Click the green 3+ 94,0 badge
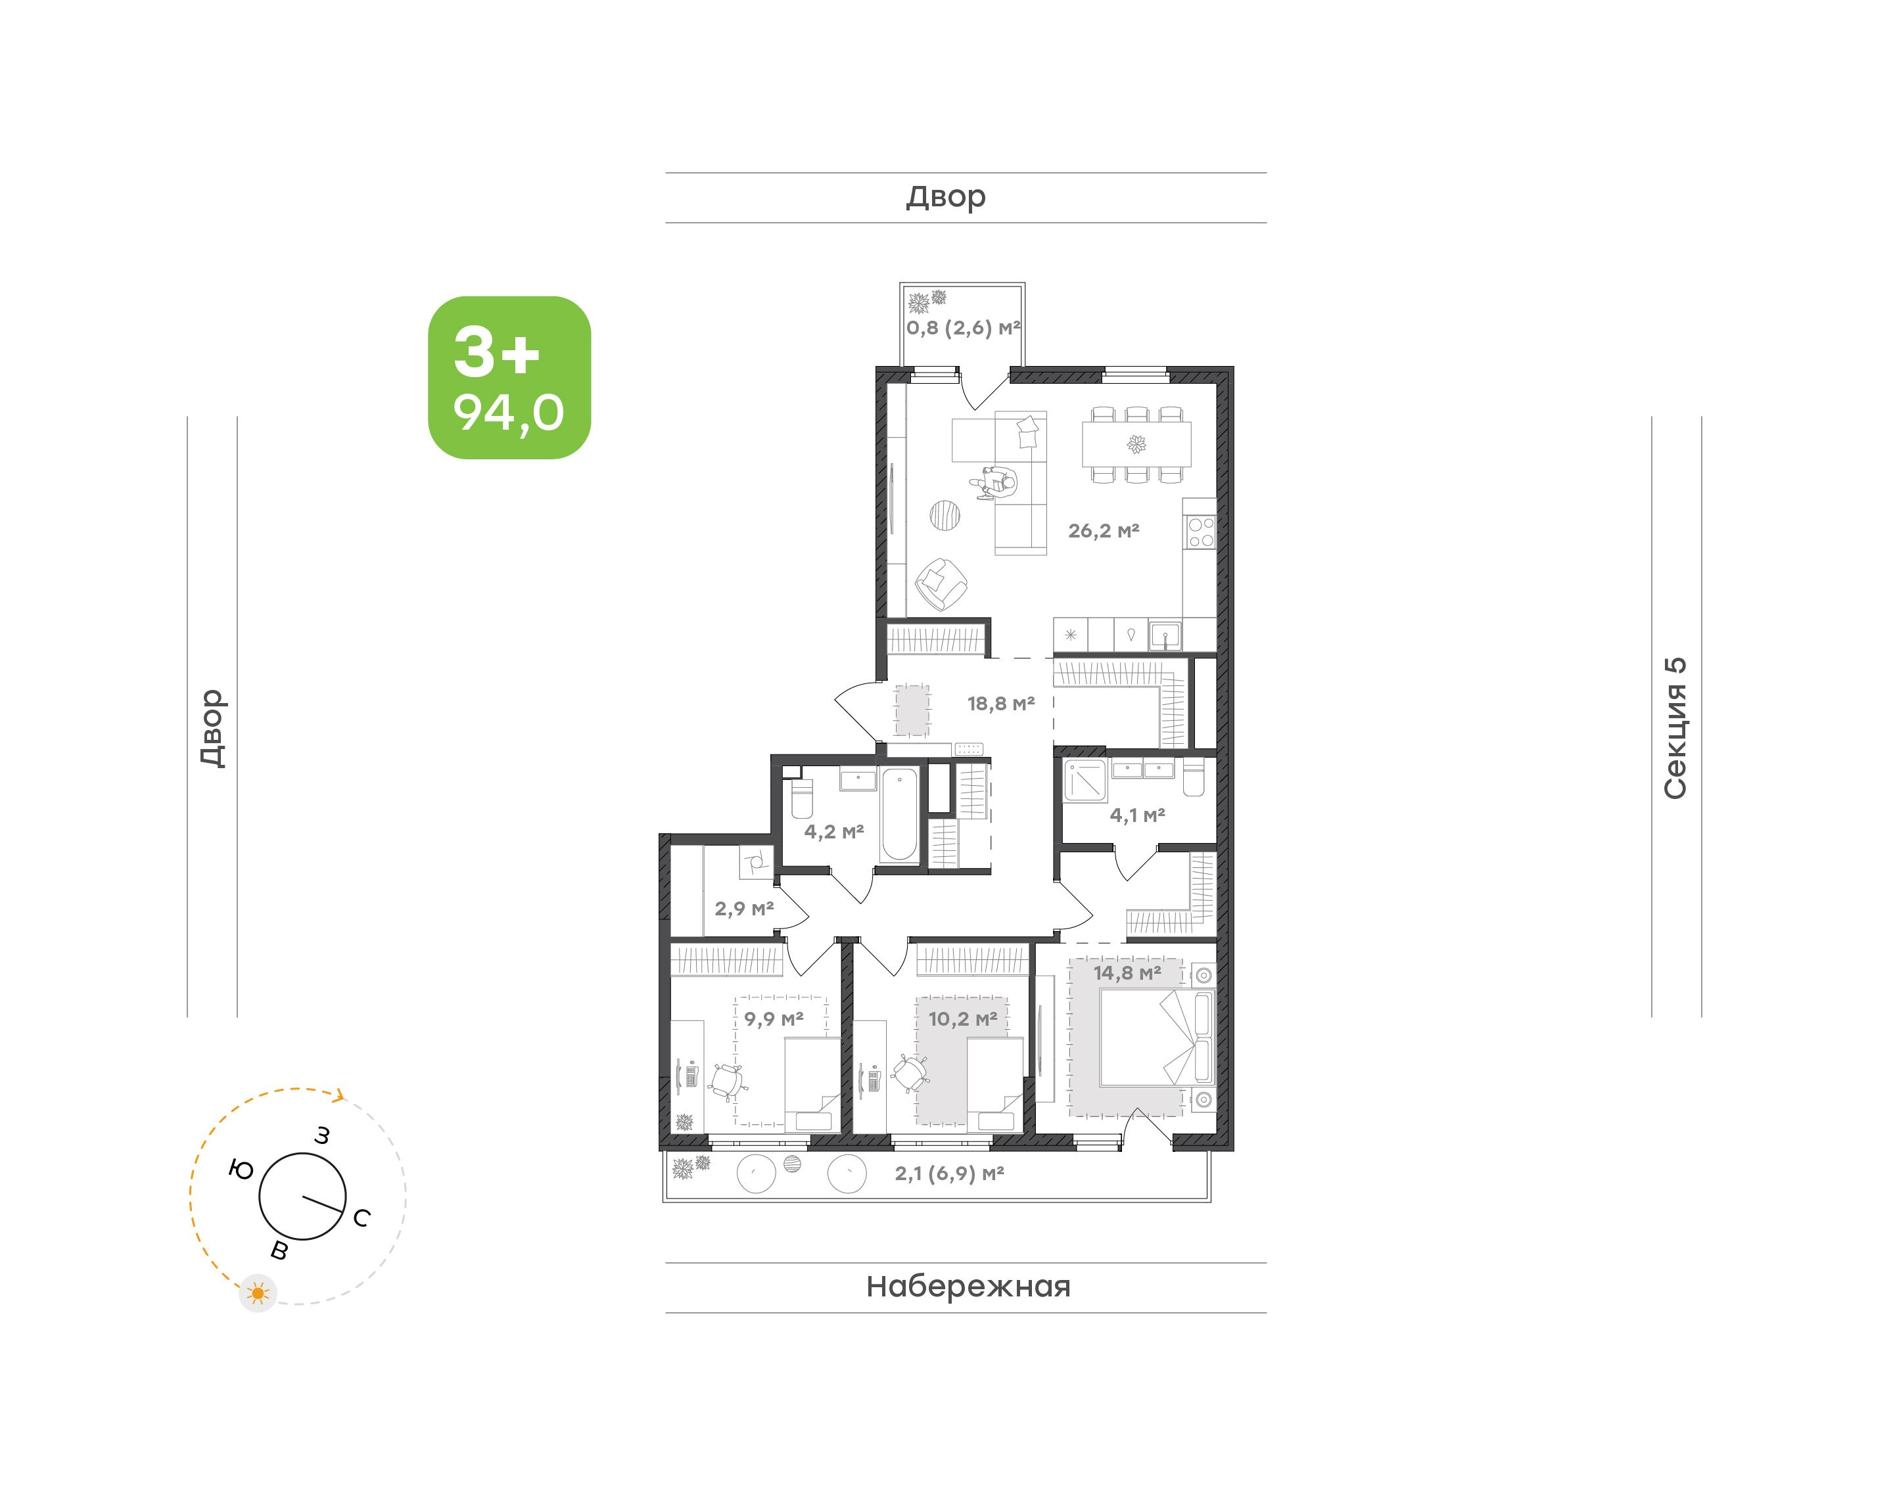[x=509, y=377]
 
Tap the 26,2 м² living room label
[x=1104, y=530]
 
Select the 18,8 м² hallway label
[x=1001, y=703]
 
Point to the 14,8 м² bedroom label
[x=1127, y=973]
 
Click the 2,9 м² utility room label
[x=744, y=909]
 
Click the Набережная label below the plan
[x=968, y=1287]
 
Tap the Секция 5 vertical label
[x=1675, y=728]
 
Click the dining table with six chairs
[x=1136, y=444]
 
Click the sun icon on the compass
[x=258, y=1294]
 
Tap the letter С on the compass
[x=362, y=1218]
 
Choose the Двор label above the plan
[x=946, y=197]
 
